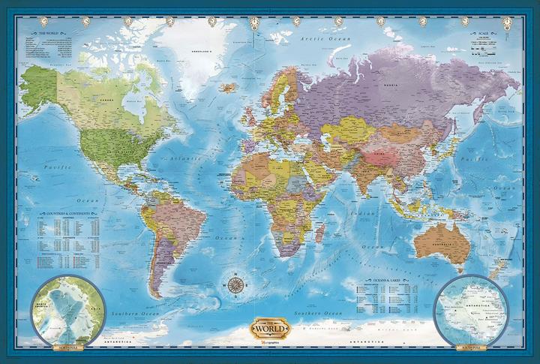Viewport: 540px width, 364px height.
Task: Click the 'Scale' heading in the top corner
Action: [481, 34]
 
